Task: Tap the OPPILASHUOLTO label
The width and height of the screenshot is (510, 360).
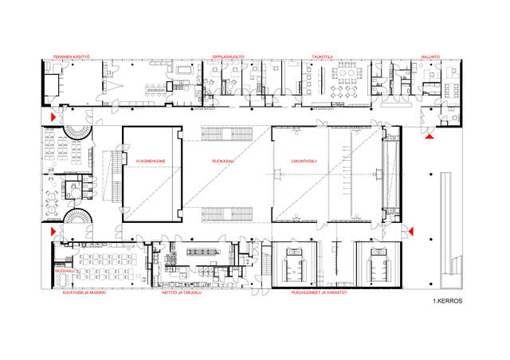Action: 228,57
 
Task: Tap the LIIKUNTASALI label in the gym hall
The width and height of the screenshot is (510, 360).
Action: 304,162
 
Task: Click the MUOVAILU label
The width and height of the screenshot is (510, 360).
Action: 64,272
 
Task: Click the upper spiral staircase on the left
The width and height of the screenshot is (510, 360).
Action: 76,131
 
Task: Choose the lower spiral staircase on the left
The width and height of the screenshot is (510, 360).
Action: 76,219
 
